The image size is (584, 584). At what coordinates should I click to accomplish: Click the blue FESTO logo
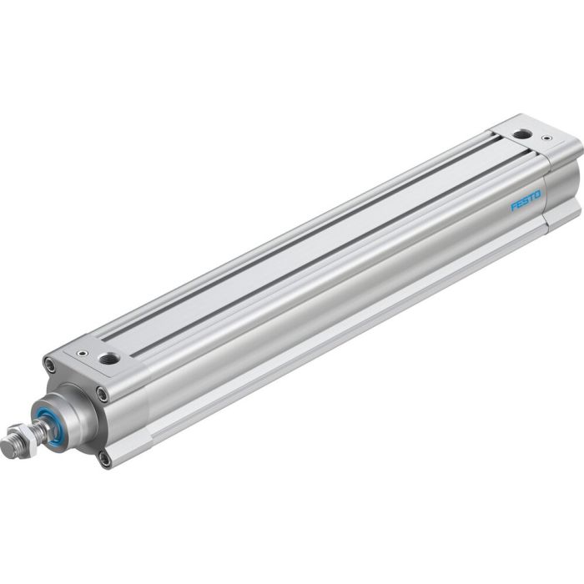(526, 201)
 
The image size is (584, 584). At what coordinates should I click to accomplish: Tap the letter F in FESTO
(514, 206)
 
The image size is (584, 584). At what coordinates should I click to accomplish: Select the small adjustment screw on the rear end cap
(546, 138)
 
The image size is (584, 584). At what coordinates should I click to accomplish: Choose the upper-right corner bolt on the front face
(102, 392)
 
